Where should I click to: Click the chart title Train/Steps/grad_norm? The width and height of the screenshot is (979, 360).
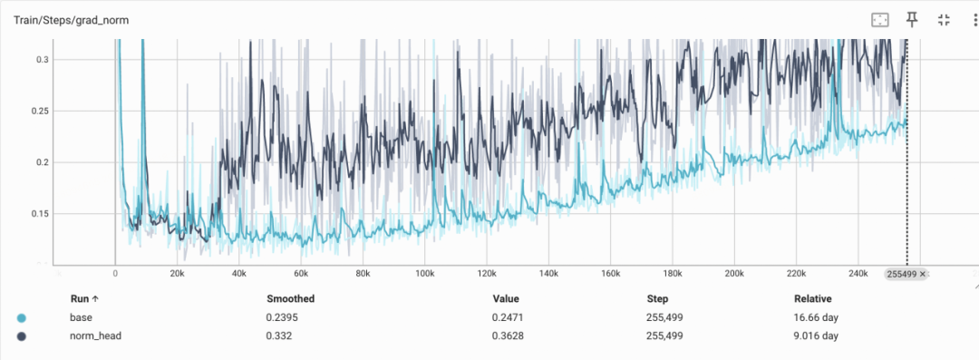click(x=72, y=21)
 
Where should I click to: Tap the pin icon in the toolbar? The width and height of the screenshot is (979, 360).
click(x=912, y=20)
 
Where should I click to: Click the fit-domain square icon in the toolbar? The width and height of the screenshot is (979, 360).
click(x=879, y=20)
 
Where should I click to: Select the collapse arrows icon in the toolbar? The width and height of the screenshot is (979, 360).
click(x=944, y=20)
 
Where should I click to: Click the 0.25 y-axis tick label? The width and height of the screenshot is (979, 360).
click(x=39, y=112)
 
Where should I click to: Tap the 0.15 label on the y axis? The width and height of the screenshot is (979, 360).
click(x=39, y=214)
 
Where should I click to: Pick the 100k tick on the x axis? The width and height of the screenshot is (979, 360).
click(x=424, y=274)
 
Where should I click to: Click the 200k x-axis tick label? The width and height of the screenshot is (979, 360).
click(x=733, y=274)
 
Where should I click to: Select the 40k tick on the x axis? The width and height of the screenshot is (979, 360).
click(x=238, y=274)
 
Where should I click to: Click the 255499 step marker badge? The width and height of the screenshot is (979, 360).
click(x=906, y=274)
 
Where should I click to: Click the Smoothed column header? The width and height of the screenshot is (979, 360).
click(x=290, y=298)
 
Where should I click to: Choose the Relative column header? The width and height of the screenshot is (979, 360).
click(x=812, y=298)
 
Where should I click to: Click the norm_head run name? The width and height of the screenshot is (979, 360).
click(x=95, y=336)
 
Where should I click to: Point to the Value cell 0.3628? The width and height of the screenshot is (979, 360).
click(x=507, y=336)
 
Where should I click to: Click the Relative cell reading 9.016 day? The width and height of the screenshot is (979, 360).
click(x=816, y=336)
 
